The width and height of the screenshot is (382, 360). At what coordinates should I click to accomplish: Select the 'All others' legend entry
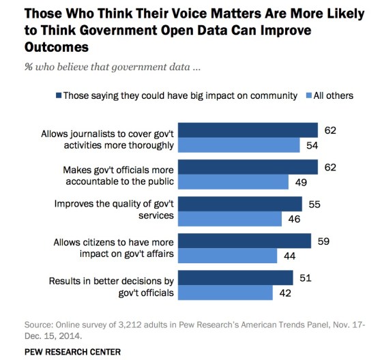point(333,95)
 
